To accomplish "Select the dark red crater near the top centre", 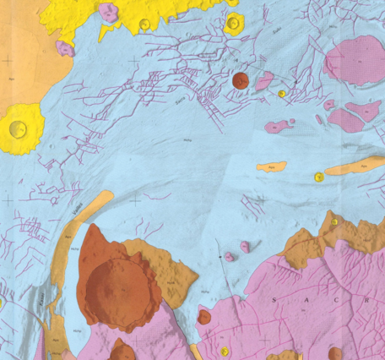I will click(240, 80).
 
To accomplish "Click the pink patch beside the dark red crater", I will click(265, 80).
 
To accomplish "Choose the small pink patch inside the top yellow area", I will click(108, 12).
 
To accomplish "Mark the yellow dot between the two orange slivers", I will click(318, 177).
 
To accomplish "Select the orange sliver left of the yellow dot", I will click(271, 166).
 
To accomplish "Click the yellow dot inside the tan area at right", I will click(335, 221).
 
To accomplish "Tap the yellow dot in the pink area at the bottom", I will click(225, 351).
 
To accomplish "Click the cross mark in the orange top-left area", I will click(8, 60).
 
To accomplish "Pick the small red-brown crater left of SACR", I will click(204, 317).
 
